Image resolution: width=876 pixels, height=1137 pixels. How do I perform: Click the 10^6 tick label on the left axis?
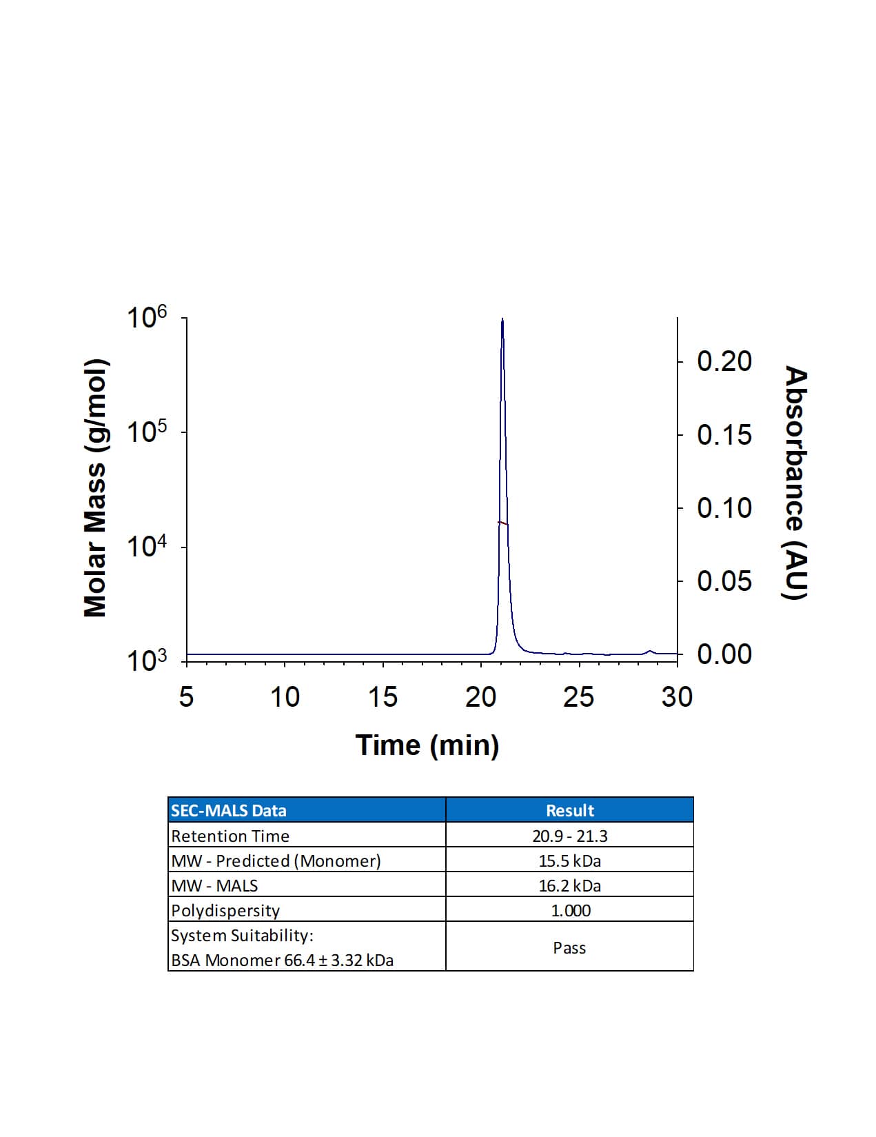147,318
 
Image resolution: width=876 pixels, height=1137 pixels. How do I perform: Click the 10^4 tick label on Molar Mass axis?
147,547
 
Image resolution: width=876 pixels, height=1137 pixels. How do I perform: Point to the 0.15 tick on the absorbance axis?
724,435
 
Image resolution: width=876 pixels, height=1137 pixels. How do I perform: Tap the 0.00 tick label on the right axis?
724,654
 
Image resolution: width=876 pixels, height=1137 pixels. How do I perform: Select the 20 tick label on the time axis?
480,698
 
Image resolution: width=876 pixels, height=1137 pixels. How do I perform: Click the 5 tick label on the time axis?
186,698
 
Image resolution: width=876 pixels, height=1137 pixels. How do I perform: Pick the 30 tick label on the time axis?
677,698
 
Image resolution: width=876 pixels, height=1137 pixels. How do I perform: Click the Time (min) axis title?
427,745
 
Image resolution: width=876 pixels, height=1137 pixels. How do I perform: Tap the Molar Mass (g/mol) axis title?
95,488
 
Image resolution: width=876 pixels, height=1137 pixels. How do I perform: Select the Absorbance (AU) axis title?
795,483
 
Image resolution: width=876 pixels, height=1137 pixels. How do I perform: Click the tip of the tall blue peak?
502,320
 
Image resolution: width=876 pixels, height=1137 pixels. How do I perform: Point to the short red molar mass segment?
502,523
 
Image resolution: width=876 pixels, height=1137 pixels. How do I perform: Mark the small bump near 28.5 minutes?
649,651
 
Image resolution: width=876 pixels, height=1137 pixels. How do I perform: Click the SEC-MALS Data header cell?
229,810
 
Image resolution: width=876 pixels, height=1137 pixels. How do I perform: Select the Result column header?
569,810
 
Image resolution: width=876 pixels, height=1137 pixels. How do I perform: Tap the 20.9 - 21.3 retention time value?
569,836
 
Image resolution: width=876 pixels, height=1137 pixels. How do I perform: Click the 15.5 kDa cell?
569,861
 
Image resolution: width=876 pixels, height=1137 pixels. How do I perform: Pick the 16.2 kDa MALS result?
569,885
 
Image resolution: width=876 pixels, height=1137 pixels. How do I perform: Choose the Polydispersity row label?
225,910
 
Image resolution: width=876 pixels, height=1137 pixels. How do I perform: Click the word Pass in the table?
569,947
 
